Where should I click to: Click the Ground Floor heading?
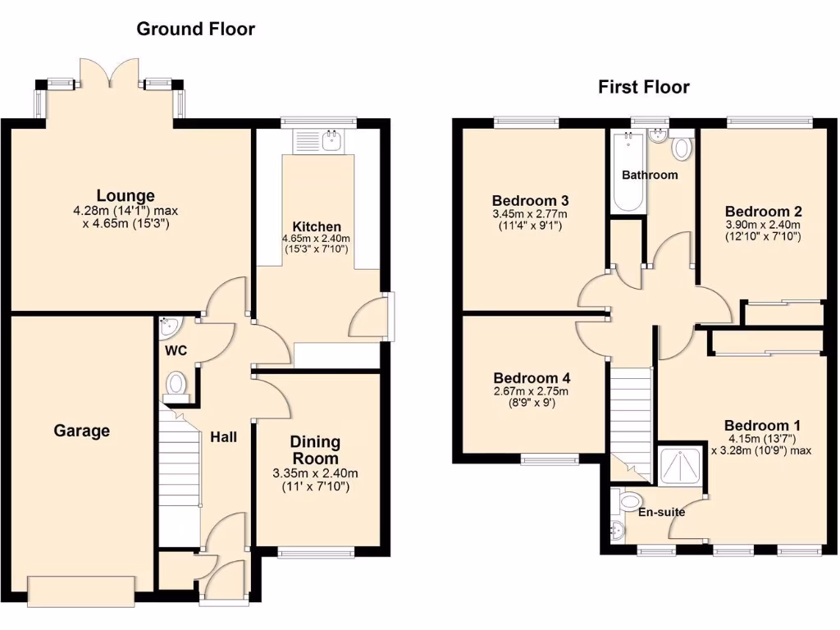coord(195,30)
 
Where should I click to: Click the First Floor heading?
coord(643,87)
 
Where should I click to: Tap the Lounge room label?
coord(126,196)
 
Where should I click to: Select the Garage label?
coord(82,431)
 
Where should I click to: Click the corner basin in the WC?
coord(170,329)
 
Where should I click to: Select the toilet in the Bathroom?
coord(681,149)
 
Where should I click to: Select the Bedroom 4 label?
coord(532,378)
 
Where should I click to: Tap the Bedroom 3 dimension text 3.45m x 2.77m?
coord(530,214)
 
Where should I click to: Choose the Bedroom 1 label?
coord(761,426)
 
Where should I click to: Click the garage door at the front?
coord(81,590)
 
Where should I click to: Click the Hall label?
coord(223,437)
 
